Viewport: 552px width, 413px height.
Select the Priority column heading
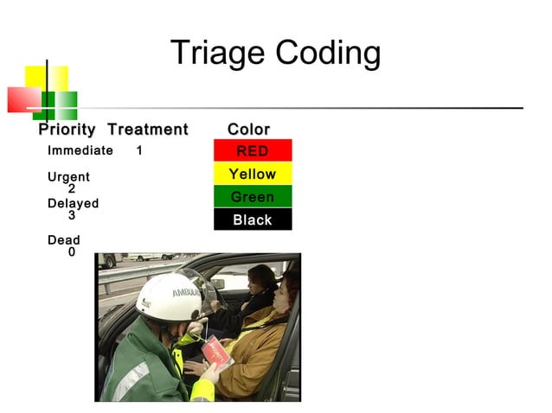(67, 130)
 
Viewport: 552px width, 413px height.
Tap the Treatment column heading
(147, 130)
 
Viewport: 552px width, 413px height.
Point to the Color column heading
(248, 130)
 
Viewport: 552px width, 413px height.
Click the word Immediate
(80, 150)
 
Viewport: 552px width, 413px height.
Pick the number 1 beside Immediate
(139, 150)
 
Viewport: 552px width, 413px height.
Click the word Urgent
(68, 177)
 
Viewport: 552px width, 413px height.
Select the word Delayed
(73, 204)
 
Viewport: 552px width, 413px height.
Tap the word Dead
(63, 240)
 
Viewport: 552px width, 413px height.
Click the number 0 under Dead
(72, 252)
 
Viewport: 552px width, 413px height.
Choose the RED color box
(253, 151)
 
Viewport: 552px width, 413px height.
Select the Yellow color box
(253, 174)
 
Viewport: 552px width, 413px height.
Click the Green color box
(253, 197)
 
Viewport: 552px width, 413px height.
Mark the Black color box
(253, 219)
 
